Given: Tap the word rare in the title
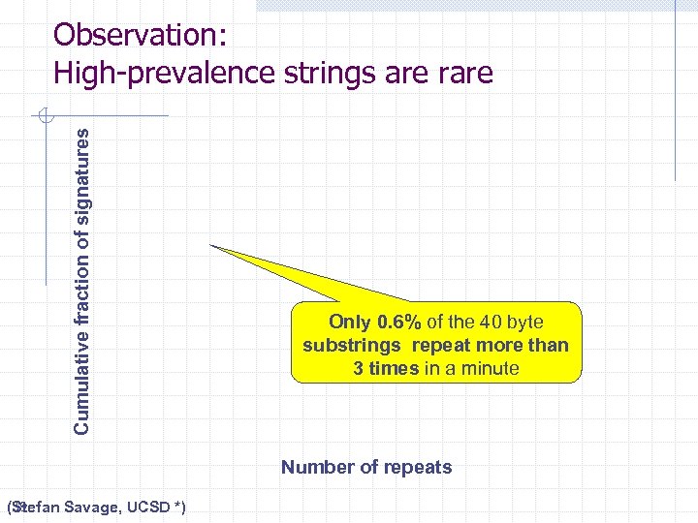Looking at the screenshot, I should point(460,73).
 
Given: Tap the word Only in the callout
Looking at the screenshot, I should point(350,322).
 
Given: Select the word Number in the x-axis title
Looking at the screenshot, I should point(316,468).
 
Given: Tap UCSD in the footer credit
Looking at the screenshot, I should point(149,508).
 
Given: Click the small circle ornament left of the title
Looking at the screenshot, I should point(43,117).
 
